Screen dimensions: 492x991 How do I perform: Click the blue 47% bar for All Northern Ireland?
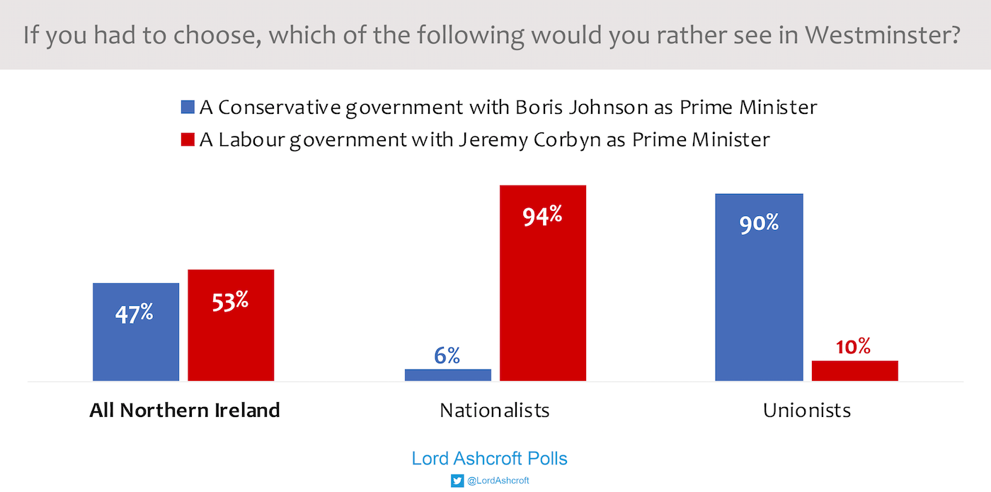pyautogui.click(x=136, y=332)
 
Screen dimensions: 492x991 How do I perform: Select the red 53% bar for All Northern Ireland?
pyautogui.click(x=231, y=326)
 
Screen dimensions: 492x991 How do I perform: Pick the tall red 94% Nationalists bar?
pyautogui.click(x=543, y=283)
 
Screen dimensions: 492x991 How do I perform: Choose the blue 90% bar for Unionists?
pyautogui.click(x=759, y=287)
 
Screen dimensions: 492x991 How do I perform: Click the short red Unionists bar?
pyautogui.click(x=854, y=370)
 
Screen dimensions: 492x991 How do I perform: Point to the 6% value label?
pyautogui.click(x=447, y=355)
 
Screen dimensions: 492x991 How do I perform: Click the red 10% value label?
pyautogui.click(x=853, y=346)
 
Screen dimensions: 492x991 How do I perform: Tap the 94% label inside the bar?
pyautogui.click(x=542, y=215)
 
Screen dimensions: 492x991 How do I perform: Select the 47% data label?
pyautogui.click(x=134, y=313)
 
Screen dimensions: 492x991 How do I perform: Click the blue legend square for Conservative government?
pyautogui.click(x=188, y=108)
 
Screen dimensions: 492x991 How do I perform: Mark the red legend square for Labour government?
pyautogui.click(x=188, y=140)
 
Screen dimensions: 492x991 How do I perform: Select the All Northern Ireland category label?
pyautogui.click(x=185, y=411)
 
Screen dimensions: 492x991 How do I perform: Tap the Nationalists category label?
pyautogui.click(x=494, y=411)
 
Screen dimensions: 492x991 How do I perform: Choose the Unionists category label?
pyautogui.click(x=807, y=411)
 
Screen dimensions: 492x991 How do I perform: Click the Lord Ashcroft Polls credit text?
pyautogui.click(x=490, y=459)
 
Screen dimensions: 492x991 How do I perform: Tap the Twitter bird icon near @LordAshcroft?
pyautogui.click(x=457, y=481)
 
